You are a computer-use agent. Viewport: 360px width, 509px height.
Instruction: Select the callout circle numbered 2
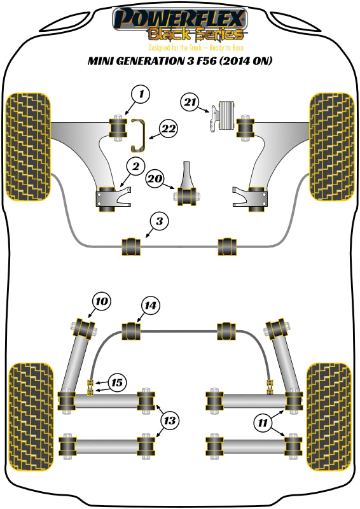tap(135, 167)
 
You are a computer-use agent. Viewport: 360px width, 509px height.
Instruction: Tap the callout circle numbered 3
tap(160, 221)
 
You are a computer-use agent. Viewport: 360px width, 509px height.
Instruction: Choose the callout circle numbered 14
tap(150, 306)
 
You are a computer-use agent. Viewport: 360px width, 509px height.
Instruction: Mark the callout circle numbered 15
tap(116, 383)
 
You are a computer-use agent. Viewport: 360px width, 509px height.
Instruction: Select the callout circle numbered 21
tap(189, 102)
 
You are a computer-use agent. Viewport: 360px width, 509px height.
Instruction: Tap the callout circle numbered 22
tap(167, 129)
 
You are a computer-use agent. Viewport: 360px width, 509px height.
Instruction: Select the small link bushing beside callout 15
tap(91, 386)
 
